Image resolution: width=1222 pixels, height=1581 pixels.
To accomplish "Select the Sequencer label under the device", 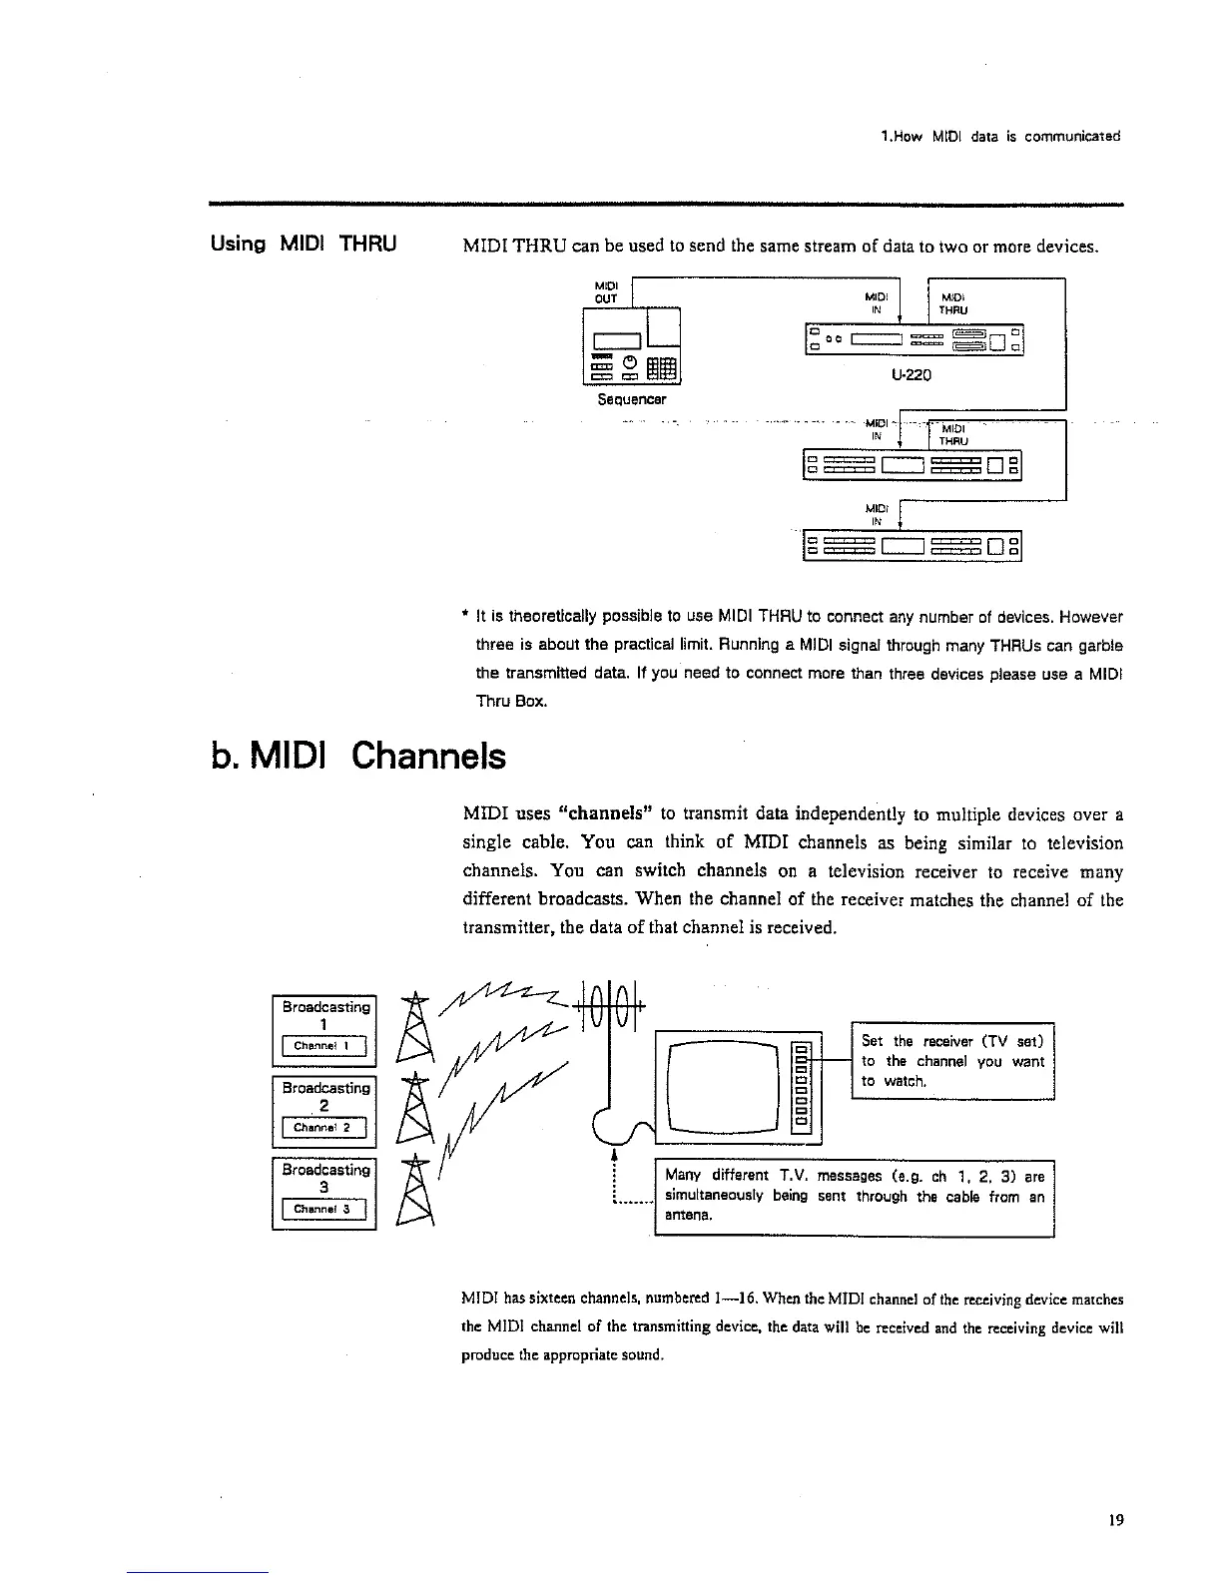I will tap(631, 399).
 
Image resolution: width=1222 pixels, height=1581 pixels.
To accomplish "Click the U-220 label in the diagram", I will tap(912, 376).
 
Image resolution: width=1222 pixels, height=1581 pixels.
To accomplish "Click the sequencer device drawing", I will tap(631, 347).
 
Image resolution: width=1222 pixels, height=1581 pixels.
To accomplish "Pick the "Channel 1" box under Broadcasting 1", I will tap(324, 1046).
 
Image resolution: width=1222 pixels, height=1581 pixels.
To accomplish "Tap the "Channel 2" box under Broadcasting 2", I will tap(324, 1129).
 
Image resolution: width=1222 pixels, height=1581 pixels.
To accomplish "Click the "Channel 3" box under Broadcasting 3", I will tap(324, 1211).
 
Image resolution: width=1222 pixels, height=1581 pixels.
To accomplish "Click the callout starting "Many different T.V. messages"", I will tap(854, 1196).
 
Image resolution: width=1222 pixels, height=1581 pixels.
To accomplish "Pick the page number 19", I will tap(1115, 1520).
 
